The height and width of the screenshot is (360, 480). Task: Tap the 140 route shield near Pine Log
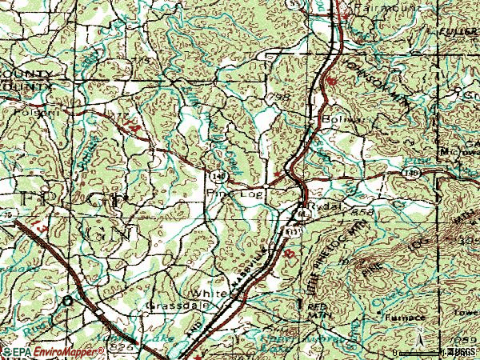[x=218, y=174]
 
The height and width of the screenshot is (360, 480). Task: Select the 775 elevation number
[x=142, y=61]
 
